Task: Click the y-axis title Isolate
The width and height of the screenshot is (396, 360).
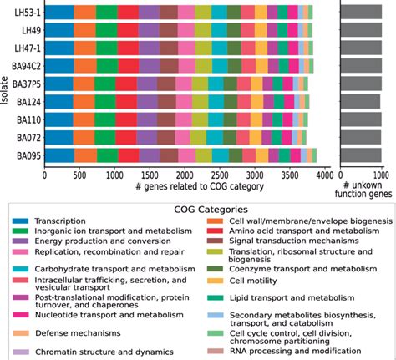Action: [x=6, y=84]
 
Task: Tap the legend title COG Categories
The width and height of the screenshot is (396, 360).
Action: [x=198, y=209]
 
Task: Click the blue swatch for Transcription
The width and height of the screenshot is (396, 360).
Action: [x=26, y=222]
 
